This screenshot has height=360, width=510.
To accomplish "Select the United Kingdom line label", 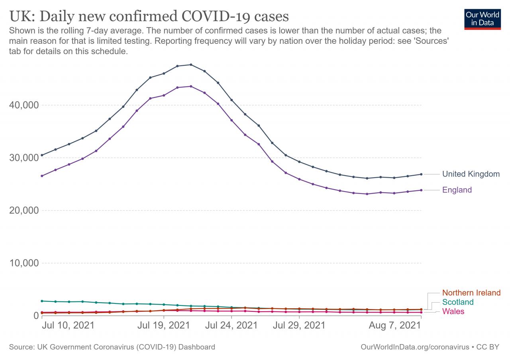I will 471,174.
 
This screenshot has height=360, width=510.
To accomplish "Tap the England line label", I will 457,190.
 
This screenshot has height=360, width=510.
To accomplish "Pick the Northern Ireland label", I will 471,293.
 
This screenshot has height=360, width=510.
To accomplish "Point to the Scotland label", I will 458,302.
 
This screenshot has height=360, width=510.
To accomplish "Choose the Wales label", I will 453,311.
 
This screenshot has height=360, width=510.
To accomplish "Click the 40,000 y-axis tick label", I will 23,105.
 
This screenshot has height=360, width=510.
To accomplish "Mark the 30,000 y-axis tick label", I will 23,158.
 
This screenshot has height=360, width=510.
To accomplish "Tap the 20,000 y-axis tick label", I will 23,210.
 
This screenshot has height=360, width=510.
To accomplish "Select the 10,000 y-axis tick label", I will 23,263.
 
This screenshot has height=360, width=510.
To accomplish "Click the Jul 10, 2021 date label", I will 68,325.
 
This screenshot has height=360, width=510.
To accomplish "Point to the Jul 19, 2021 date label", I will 163,325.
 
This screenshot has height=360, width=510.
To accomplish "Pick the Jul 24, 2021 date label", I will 231,325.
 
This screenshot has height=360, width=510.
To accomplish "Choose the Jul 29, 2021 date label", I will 299,325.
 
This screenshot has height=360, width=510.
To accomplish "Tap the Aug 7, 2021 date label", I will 394,325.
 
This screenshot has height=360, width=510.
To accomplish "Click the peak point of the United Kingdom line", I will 191,65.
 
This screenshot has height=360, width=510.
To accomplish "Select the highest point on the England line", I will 191,86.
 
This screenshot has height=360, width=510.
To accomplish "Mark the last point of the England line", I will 421,190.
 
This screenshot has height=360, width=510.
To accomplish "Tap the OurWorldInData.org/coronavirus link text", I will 414,347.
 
